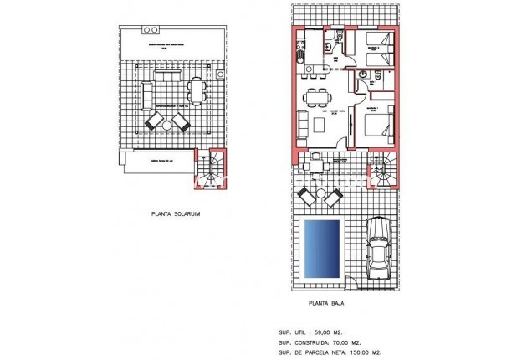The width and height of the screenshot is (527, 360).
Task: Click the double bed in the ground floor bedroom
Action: [377, 128]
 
